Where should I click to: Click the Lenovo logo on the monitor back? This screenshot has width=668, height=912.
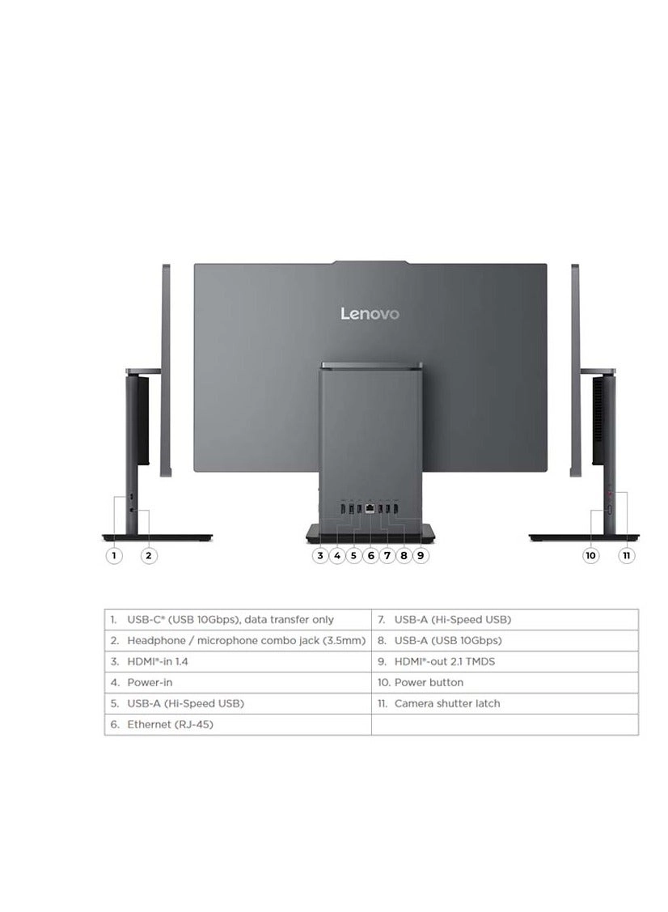tap(369, 313)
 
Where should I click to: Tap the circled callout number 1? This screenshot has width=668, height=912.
tap(115, 556)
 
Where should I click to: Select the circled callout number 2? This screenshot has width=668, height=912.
tap(148, 556)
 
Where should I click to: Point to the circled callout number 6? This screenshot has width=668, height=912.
tap(370, 556)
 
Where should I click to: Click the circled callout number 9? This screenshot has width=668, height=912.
tap(421, 556)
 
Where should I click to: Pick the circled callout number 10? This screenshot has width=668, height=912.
tap(591, 556)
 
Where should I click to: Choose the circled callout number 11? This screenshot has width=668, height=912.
tap(626, 556)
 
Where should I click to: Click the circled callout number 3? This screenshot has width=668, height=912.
tap(321, 556)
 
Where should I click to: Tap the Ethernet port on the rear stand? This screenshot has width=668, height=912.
tap(370, 508)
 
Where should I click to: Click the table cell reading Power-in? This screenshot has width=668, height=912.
tap(150, 682)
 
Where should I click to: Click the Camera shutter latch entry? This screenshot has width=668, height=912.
tap(446, 703)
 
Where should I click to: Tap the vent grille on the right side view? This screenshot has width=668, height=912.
tap(599, 421)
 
